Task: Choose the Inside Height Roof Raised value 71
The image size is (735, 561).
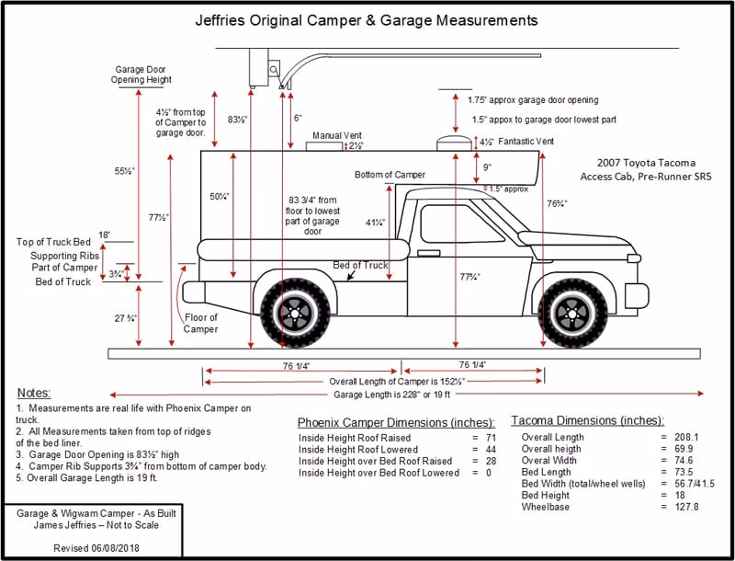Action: click(490, 437)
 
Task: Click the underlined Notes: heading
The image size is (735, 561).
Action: click(34, 393)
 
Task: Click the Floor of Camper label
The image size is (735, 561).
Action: click(200, 323)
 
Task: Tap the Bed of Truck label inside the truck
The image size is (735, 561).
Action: click(361, 266)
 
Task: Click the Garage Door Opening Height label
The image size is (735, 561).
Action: click(141, 74)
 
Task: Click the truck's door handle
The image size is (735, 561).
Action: click(428, 252)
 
